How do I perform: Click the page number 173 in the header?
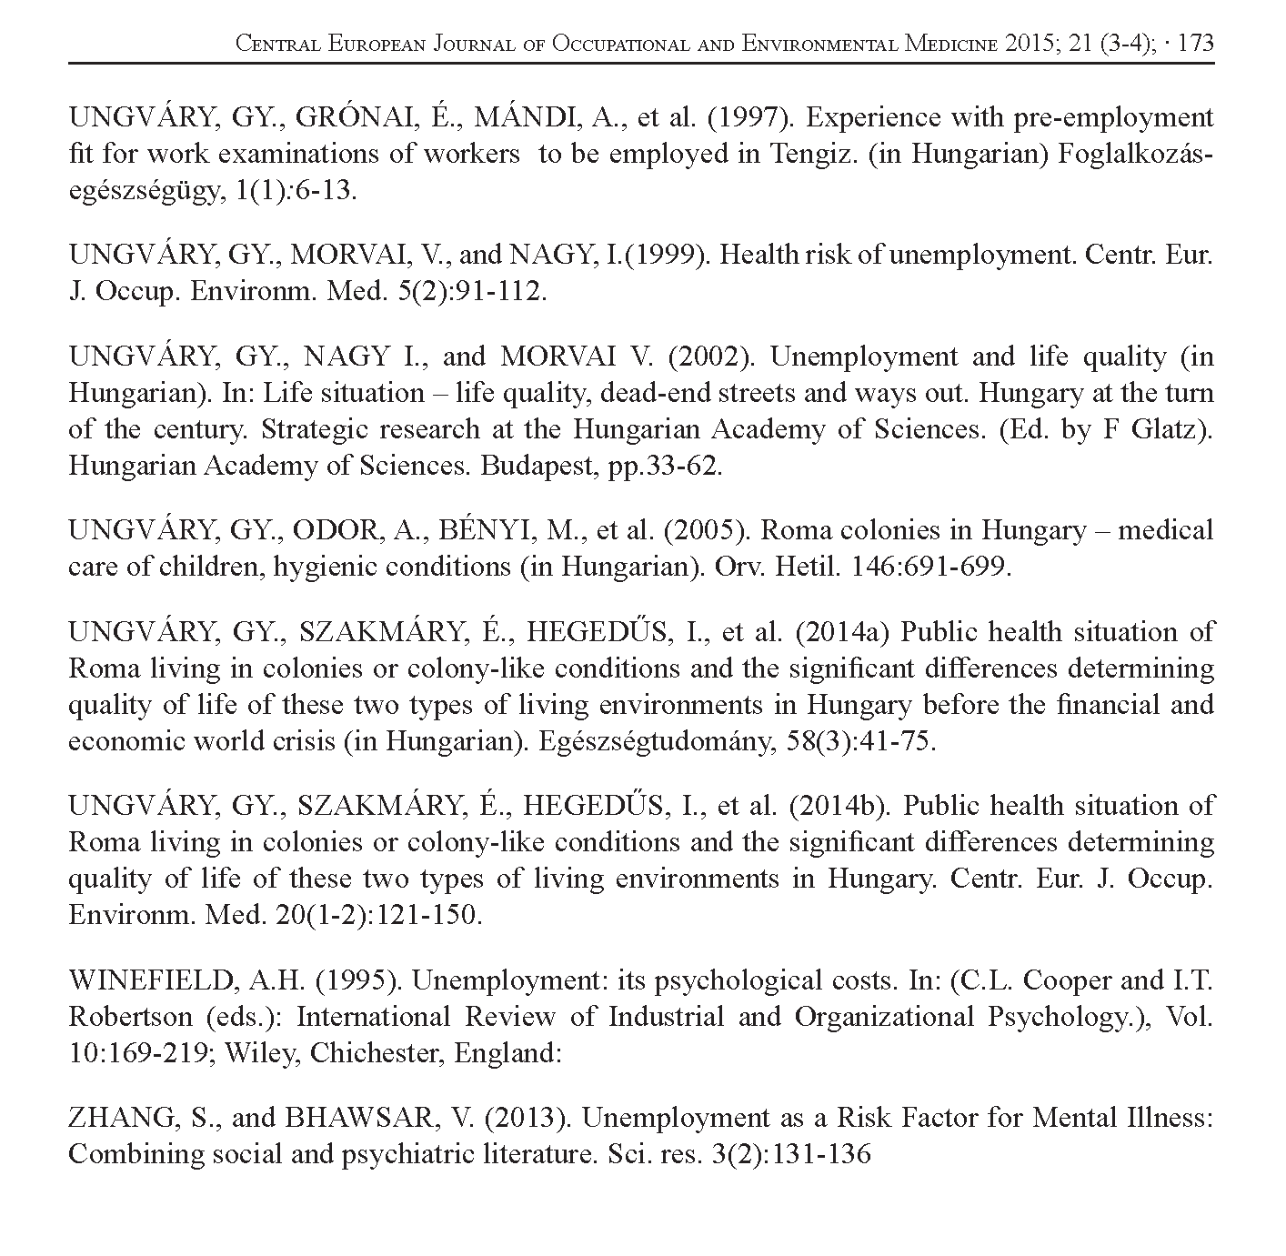click(x=1195, y=44)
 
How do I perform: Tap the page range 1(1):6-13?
click(x=286, y=192)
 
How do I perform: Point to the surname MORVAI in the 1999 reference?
click(x=345, y=256)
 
